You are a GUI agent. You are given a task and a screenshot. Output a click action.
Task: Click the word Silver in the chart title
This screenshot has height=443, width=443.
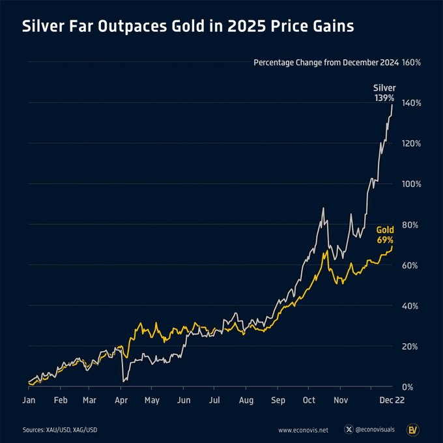[43, 27]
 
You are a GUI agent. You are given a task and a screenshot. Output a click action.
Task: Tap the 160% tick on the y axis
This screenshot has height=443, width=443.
[412, 63]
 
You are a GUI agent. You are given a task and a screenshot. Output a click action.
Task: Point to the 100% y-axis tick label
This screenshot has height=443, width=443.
[412, 184]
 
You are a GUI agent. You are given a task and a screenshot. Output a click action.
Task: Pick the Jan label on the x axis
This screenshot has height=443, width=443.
[29, 401]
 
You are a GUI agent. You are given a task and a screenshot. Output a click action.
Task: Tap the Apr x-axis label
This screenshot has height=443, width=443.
[120, 401]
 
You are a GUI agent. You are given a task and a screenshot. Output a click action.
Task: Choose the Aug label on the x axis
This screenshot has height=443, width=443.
[246, 401]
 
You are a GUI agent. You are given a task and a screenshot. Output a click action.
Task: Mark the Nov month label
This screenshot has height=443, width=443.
[341, 401]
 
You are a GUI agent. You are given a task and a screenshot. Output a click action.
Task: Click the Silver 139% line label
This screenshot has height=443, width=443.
[384, 92]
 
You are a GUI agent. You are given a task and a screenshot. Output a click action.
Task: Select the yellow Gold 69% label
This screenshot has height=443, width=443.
[384, 235]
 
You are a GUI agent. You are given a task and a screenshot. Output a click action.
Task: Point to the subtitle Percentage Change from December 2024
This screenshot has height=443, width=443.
[325, 63]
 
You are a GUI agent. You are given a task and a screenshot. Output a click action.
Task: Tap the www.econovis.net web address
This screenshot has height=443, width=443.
[303, 430]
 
